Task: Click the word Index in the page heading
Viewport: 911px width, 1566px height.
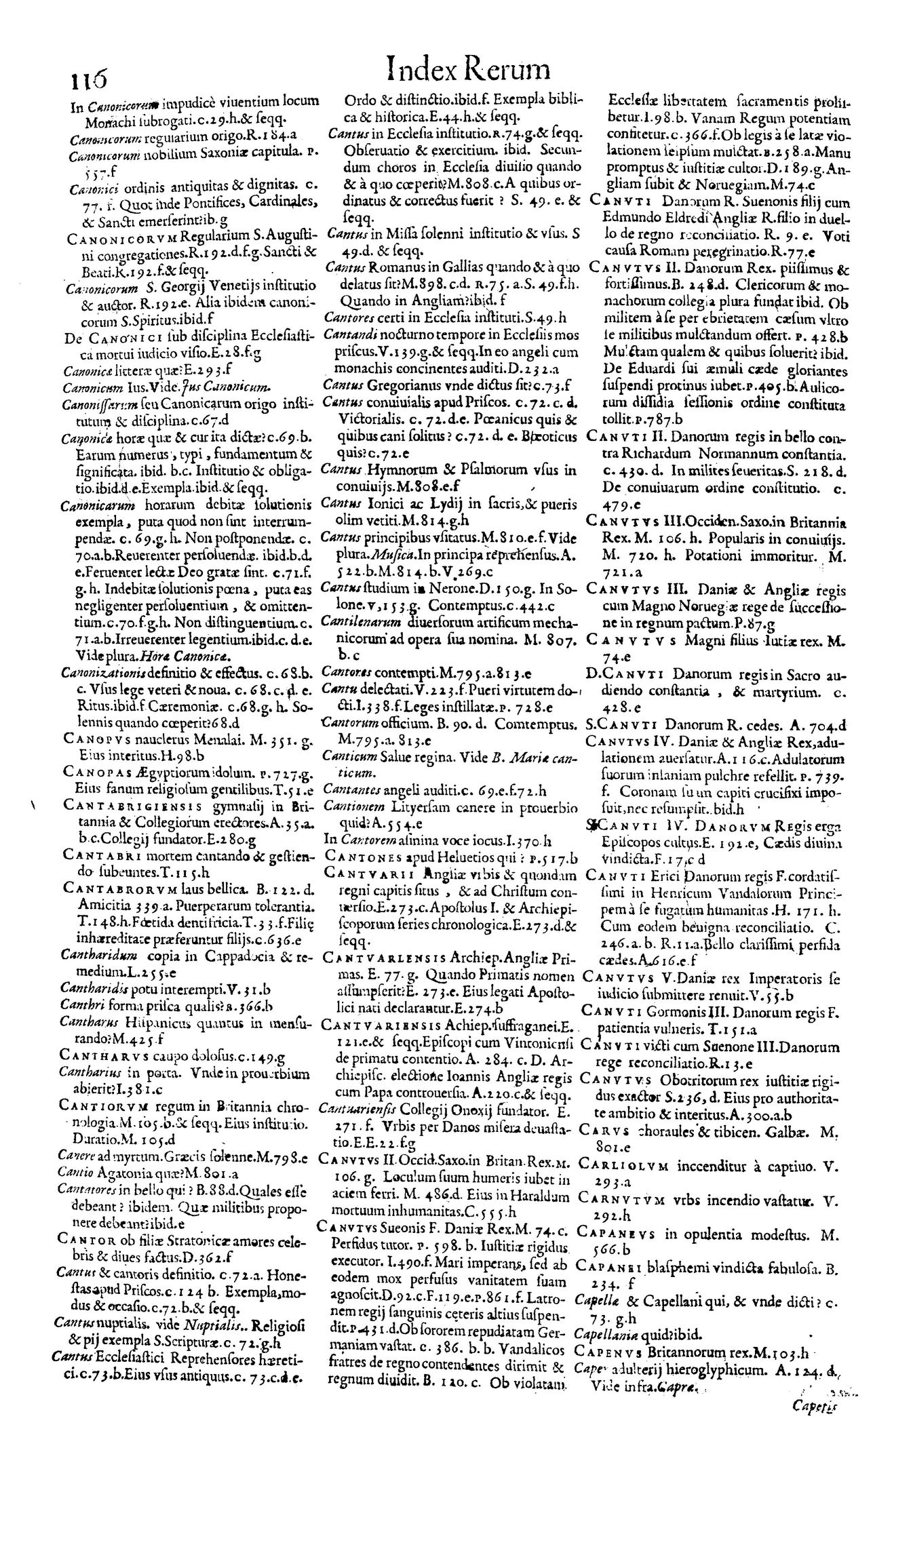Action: (x=416, y=71)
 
